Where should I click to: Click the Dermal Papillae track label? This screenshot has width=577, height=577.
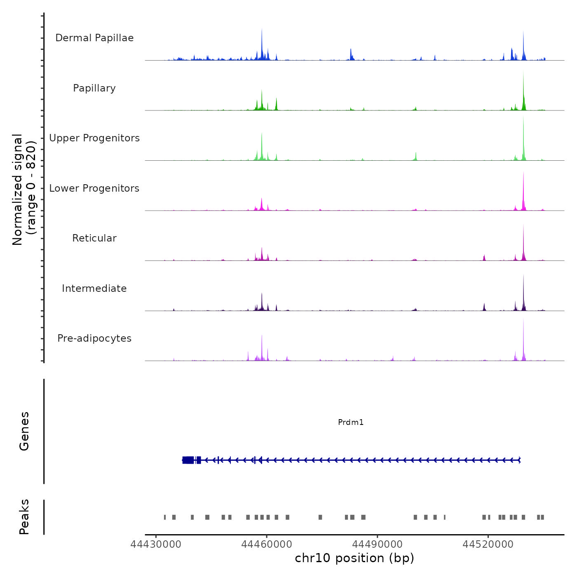[x=94, y=38]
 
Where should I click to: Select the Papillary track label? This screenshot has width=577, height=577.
[x=94, y=88]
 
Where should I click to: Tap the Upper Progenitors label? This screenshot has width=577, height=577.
[x=94, y=138]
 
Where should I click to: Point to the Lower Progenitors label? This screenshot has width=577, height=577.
[x=94, y=188]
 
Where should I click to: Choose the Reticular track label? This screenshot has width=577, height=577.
[x=94, y=238]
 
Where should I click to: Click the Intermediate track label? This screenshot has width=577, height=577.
[x=94, y=288]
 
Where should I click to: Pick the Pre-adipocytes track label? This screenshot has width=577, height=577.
[x=94, y=338]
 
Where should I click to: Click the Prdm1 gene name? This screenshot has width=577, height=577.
[x=351, y=422]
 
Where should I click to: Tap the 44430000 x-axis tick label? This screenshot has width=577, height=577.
[x=156, y=544]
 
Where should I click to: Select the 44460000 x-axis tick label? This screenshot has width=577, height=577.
[x=267, y=544]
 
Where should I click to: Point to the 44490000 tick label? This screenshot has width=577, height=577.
[x=378, y=544]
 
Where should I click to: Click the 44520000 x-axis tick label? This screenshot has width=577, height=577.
[x=488, y=544]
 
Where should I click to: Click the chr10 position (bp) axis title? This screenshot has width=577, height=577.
[x=354, y=558]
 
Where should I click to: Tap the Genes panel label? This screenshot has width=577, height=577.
[x=24, y=431]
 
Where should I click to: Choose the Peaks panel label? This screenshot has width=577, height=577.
[x=24, y=517]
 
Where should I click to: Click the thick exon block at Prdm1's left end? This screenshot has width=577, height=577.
[x=188, y=460]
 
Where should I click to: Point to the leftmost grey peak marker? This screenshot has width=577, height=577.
[x=165, y=517]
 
